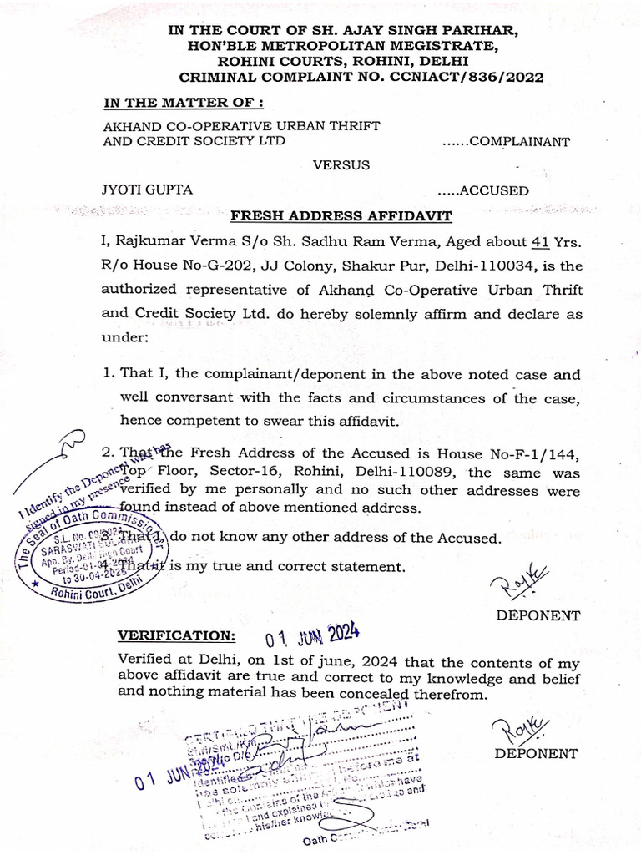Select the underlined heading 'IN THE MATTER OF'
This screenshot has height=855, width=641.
click(183, 103)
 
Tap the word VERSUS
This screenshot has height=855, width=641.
click(341, 164)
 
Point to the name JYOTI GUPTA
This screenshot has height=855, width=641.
click(147, 190)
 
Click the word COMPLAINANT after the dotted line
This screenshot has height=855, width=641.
click(518, 141)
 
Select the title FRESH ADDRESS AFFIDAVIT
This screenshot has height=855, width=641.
click(341, 216)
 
